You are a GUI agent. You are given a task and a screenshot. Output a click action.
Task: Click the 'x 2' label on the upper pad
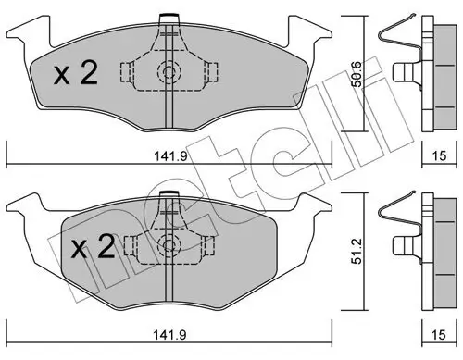coord(76,75)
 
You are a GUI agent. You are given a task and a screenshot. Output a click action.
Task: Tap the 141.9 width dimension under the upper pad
coord(168,156)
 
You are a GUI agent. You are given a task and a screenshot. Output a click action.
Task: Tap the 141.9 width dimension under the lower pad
coord(168,339)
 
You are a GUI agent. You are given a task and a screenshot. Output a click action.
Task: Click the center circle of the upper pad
coord(168,74)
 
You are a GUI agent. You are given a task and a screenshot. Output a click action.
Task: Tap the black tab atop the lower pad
coord(168,192)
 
